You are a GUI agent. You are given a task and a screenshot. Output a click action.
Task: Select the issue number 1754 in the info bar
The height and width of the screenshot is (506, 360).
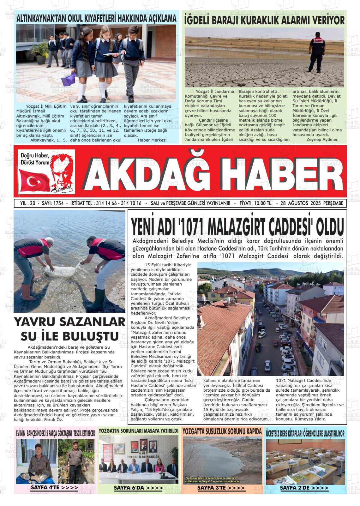tap(57, 203)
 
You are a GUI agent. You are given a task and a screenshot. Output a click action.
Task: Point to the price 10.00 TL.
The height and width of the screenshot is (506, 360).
tap(256, 203)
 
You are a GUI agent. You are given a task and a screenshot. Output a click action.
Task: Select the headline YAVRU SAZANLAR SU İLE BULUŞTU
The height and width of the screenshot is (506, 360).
tap(69, 329)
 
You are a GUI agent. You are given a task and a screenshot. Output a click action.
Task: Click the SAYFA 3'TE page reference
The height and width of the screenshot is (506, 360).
tap(221, 488)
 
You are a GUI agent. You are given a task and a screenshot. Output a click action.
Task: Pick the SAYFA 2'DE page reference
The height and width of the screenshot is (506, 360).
tap(304, 488)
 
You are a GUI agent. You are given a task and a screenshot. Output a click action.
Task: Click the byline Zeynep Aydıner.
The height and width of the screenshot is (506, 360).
tap(322, 139)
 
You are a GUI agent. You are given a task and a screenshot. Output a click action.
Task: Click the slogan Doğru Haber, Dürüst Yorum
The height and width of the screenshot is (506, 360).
tap(35, 159)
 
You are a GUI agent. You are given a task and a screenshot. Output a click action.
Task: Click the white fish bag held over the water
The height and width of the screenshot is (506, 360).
tap(62, 269)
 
